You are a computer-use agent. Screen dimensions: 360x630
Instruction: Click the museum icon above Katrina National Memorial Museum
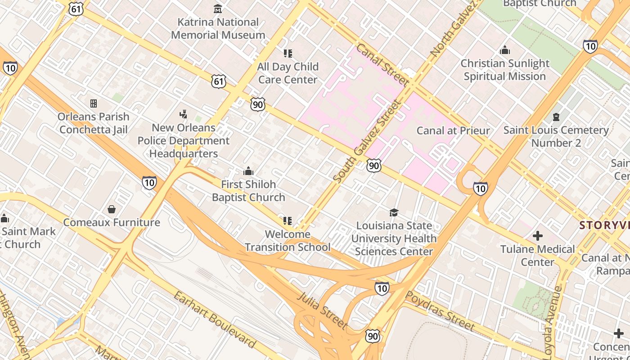pos(218,9)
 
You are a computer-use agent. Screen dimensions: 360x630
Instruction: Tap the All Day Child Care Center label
pos(288,73)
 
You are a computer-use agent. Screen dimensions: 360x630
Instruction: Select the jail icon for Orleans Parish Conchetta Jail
pos(94,103)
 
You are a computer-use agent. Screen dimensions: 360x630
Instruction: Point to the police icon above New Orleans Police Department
pos(183,114)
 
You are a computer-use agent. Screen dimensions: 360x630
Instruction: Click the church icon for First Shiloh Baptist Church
pos(248,171)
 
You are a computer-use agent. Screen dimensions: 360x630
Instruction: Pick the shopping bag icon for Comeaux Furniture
pos(111,209)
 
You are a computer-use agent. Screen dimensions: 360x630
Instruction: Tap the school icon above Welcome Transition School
pos(288,221)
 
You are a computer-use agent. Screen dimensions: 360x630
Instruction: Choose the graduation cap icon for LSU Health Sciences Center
pos(394,212)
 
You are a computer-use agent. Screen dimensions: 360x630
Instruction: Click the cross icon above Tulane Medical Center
pos(537,236)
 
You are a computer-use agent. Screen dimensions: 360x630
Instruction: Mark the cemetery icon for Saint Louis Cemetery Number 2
pos(556,117)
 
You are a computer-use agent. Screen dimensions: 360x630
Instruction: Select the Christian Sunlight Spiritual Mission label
pos(505,70)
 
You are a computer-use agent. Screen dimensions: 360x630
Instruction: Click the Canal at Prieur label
pos(453,130)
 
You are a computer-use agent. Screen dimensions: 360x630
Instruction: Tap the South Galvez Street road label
pos(367,141)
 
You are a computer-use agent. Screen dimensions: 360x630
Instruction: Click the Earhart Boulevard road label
pos(215,319)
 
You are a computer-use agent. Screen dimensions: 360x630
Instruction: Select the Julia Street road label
pos(322,310)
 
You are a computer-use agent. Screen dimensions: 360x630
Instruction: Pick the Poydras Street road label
pos(440,310)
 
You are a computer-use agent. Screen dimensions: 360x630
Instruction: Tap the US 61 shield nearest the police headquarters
pos(219,81)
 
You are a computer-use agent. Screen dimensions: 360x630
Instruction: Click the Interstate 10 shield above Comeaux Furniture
pos(149,182)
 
